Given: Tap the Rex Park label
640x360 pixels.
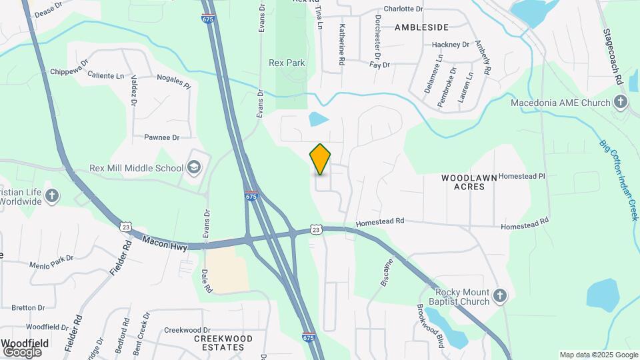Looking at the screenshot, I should tap(287, 63).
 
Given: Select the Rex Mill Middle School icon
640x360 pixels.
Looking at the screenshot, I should tap(195, 167).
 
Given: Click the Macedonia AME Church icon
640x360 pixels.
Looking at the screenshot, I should tap(621, 103).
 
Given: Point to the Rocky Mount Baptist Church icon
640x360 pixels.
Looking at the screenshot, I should tap(501, 294).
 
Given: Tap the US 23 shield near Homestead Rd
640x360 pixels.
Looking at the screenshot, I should tap(317, 229).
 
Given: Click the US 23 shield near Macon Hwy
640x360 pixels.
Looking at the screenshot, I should tap(125, 227).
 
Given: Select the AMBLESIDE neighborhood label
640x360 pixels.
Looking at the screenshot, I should tap(421, 27).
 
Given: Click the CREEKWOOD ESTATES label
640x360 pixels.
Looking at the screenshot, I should tap(223, 343).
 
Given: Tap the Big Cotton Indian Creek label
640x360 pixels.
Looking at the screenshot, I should tap(619, 180).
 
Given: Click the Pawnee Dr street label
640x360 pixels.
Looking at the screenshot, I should tap(162, 137).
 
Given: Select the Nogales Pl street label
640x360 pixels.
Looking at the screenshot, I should tap(174, 82).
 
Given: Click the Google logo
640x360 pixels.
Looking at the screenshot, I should tap(22, 352).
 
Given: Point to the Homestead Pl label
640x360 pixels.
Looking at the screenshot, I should tap(522, 176).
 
